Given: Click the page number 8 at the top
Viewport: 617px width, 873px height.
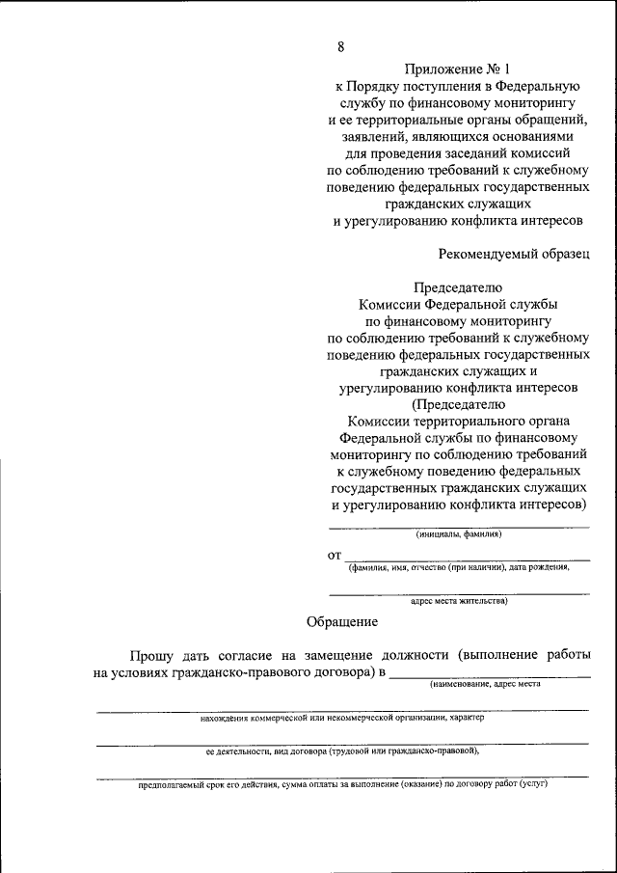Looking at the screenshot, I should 340,46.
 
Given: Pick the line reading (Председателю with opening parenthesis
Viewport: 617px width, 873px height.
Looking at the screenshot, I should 458,405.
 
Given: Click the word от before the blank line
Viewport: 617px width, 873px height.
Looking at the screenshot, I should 335,556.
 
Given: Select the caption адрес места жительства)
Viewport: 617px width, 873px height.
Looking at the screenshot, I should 458,600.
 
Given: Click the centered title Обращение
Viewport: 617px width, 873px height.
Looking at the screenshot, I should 342,622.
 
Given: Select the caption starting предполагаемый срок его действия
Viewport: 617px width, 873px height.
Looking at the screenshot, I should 342,784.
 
